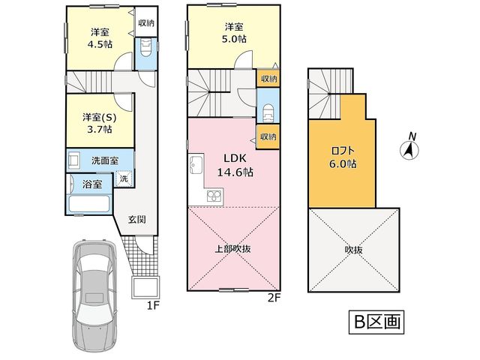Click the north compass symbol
coord(409,150)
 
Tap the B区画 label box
coord(376,322)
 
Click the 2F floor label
coord(274,298)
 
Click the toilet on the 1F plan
coord(146,47)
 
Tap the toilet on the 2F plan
coord(268,113)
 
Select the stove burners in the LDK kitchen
coord(214,196)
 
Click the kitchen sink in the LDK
coord(196,164)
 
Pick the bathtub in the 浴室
coord(89,203)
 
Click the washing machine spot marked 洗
coord(124,178)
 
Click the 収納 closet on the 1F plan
coord(146,22)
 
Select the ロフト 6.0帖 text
coord(343,157)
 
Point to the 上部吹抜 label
coord(233,249)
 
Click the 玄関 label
coord(136,220)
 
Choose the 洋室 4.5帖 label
coord(100,38)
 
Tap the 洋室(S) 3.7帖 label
coord(100,123)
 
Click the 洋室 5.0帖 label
coord(234,33)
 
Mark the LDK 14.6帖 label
coord(235,165)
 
